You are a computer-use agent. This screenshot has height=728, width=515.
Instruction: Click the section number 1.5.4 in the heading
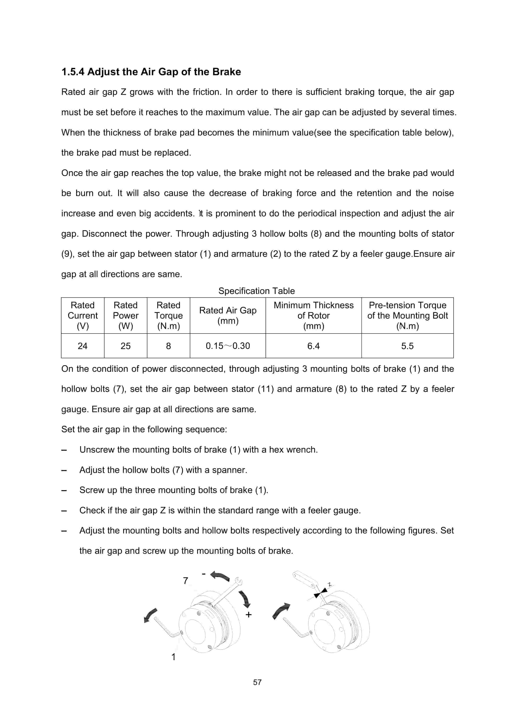(x=73, y=72)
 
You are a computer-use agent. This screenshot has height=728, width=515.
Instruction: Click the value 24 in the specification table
(x=82, y=346)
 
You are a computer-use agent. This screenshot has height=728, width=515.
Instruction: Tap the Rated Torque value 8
(x=168, y=346)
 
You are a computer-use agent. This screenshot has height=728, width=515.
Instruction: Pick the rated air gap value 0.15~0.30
(x=228, y=346)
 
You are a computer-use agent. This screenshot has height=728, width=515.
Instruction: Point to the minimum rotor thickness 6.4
(x=313, y=346)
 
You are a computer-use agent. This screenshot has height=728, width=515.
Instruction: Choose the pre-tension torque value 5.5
(x=407, y=346)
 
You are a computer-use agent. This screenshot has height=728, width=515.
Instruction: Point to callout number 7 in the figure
(x=186, y=581)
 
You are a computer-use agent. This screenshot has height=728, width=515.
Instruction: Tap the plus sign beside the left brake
(x=249, y=615)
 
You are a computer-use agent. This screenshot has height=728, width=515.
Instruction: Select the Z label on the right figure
(x=330, y=584)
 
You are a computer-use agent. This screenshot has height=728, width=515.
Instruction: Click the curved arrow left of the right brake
(x=281, y=610)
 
